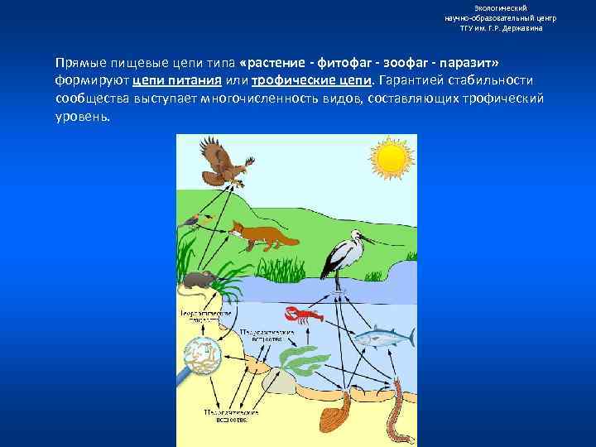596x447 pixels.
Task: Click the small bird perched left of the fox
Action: tap(195, 219)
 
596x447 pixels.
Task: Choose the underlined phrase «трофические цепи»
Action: tap(311, 80)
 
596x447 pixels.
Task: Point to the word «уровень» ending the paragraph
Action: tap(81, 115)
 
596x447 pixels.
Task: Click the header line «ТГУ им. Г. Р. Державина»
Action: tap(501, 27)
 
